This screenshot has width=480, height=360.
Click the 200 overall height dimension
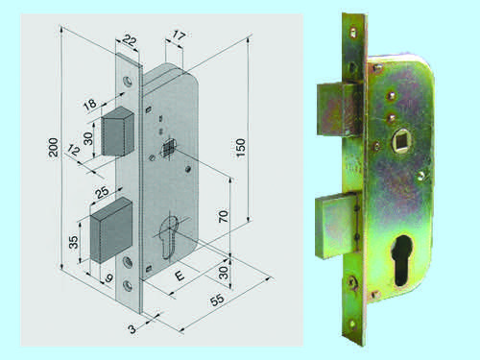(x=54, y=147)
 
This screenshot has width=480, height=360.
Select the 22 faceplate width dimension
(x=130, y=40)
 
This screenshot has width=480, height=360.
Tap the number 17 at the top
(x=179, y=35)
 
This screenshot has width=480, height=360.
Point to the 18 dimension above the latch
(x=90, y=105)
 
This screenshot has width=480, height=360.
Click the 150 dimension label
(x=241, y=148)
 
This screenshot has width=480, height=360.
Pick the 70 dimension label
(x=224, y=216)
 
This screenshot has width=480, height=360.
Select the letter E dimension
(x=180, y=276)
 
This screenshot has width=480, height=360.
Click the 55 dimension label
(x=217, y=300)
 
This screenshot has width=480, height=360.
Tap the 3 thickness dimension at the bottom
(x=132, y=329)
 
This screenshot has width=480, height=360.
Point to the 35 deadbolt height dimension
(x=73, y=242)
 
